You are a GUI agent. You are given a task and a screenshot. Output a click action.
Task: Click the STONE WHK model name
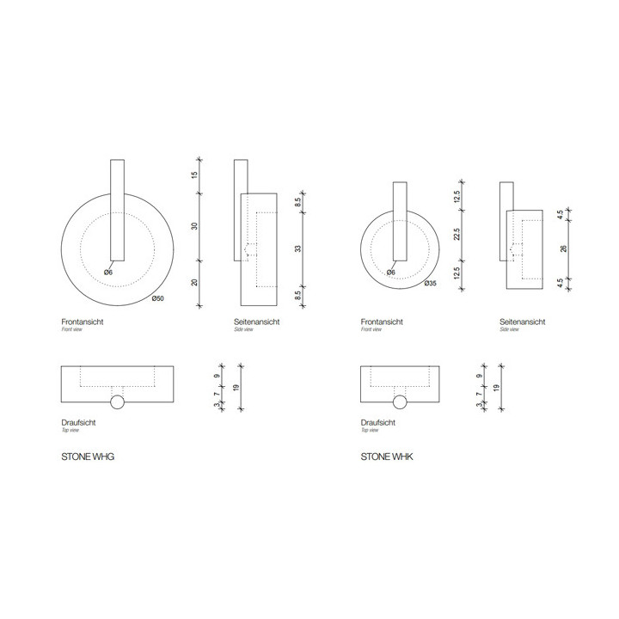pyautogui.click(x=387, y=458)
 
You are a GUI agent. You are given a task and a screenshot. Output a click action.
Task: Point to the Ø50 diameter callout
pyautogui.click(x=158, y=299)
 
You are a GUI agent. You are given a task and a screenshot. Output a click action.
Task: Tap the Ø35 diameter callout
pyautogui.click(x=431, y=283)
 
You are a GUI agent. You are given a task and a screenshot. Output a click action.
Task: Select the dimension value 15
pyautogui.click(x=195, y=175)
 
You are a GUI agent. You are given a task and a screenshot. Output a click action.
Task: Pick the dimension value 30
pyautogui.click(x=195, y=226)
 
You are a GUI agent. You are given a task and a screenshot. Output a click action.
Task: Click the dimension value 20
pyautogui.click(x=195, y=283)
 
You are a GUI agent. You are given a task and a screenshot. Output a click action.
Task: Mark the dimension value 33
pyautogui.click(x=297, y=248)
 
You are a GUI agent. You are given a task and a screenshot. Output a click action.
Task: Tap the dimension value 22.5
pyautogui.click(x=457, y=234)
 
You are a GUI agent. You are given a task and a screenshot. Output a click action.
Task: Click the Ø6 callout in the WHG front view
pyautogui.click(x=108, y=273)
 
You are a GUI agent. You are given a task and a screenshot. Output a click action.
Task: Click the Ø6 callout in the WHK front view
pyautogui.click(x=390, y=273)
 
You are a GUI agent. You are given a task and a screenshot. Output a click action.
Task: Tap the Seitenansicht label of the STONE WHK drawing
pyautogui.click(x=523, y=322)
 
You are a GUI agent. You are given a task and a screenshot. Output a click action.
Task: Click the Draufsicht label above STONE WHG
pyautogui.click(x=78, y=424)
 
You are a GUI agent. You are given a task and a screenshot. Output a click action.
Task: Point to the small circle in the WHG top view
pyautogui.click(x=117, y=402)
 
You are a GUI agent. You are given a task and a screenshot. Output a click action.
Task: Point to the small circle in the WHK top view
pyautogui.click(x=400, y=402)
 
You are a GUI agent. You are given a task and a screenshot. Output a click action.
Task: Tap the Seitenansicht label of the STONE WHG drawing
pyautogui.click(x=257, y=322)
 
